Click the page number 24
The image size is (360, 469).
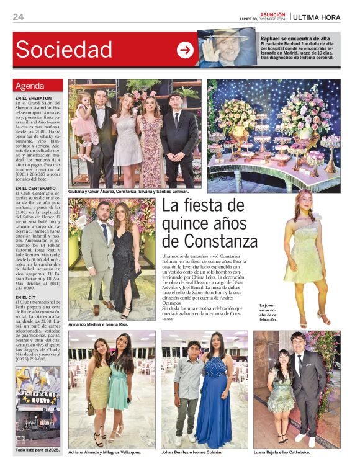pyautogui.click(x=18, y=17)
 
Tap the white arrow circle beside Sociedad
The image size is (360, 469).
pyautogui.click(x=185, y=50)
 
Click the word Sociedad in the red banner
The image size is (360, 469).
pyautogui.click(x=64, y=50)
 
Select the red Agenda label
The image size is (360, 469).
pyautogui.click(x=30, y=86)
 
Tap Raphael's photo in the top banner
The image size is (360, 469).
pyautogui.click(x=227, y=48)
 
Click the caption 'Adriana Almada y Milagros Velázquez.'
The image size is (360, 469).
pyautogui.click(x=105, y=452)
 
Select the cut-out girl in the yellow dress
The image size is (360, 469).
pyautogui.click(x=304, y=254)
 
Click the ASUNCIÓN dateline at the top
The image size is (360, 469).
pyautogui.click(x=272, y=14)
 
